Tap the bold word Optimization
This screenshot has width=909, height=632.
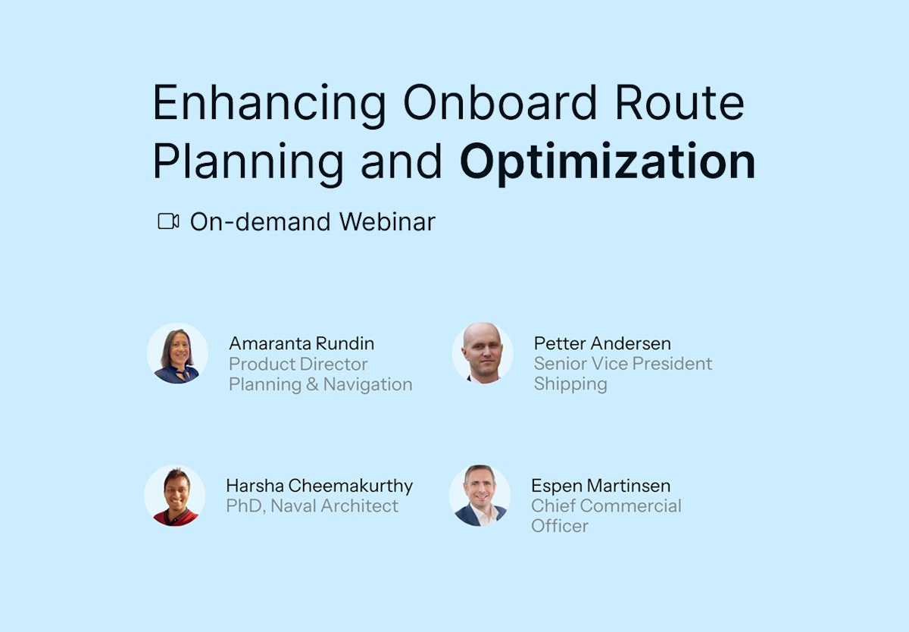pos(608,161)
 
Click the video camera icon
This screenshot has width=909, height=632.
pos(168,221)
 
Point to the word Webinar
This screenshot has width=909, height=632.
pos(387,221)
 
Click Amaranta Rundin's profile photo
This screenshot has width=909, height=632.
pos(177,354)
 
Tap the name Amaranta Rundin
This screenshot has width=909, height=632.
pos(301,343)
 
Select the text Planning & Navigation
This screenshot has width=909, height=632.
pos(320,384)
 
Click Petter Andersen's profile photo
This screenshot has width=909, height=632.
pos(483,353)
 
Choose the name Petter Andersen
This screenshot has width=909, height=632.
pos(602,343)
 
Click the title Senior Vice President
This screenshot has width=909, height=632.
pos(623,364)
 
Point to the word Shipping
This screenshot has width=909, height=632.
pos(570,383)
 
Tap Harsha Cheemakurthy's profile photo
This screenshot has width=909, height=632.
pos(175,496)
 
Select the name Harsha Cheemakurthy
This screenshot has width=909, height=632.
pos(319,485)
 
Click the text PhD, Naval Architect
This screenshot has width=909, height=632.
pos(312,505)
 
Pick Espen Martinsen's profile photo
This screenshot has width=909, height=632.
pos(480,496)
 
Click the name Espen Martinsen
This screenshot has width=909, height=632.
pos(601,485)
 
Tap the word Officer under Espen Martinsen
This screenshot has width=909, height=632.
pos(560,525)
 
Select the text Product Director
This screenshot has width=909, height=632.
pos(298,364)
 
